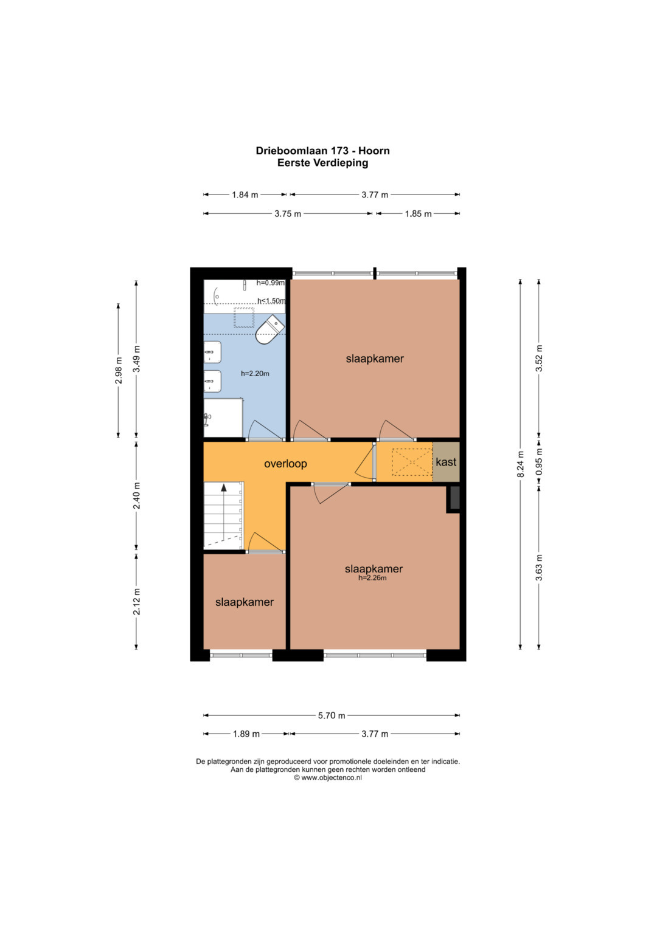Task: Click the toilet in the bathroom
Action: click(270, 329)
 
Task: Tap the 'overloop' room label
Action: click(285, 464)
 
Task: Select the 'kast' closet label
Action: click(446, 462)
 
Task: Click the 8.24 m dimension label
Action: click(520, 464)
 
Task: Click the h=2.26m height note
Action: click(372, 578)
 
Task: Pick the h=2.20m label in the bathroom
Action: click(255, 374)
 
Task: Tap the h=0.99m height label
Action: click(271, 283)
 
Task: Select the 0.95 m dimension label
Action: click(539, 461)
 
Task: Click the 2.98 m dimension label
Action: click(119, 370)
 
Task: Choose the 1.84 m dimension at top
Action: click(245, 194)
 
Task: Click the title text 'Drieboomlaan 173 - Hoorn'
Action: click(322, 151)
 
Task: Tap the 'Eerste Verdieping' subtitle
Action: click(322, 163)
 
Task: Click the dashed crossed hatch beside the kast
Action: click(412, 462)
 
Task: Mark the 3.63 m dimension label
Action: click(539, 567)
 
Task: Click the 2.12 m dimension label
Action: click(137, 601)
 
